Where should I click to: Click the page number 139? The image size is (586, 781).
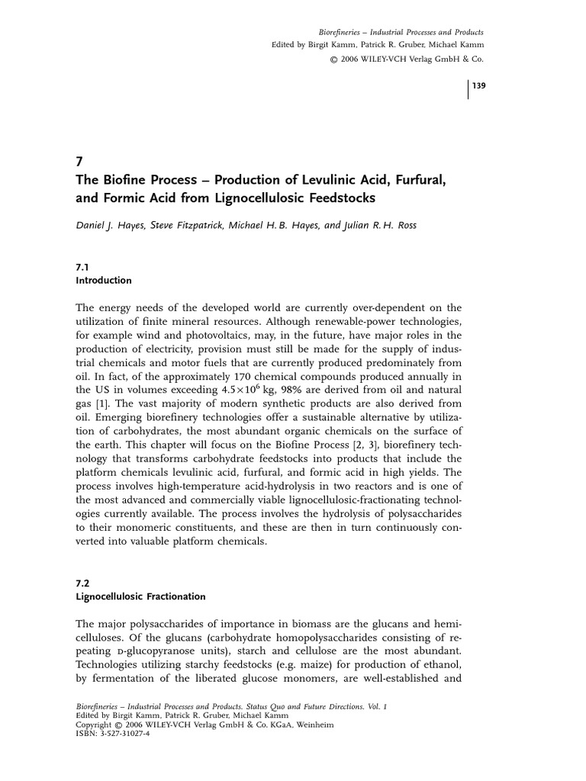[x=478, y=86]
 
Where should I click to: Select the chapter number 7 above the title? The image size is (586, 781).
[x=79, y=162]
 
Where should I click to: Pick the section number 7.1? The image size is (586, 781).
[x=82, y=268]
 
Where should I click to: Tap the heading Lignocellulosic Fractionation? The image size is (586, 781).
[x=140, y=596]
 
